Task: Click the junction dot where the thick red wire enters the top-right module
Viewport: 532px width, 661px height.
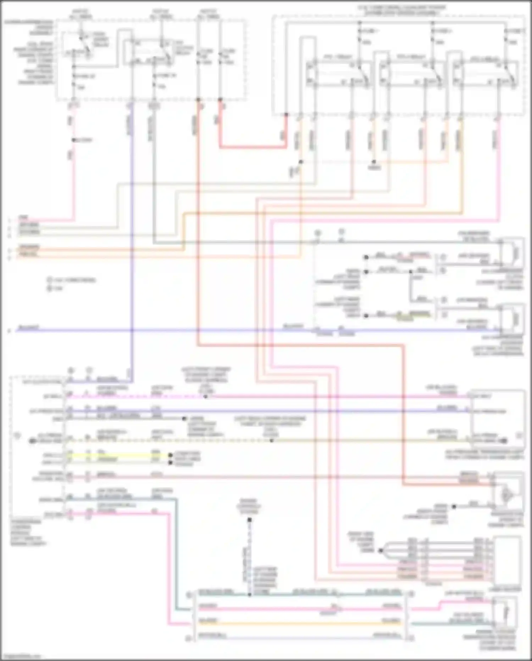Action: pyautogui.click(x=286, y=115)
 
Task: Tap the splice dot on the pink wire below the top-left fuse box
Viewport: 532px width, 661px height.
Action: pyautogui.click(x=74, y=140)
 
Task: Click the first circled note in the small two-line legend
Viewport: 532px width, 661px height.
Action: pyautogui.click(x=50, y=280)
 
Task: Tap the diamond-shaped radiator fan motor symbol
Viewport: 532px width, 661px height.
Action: pyautogui.click(x=506, y=495)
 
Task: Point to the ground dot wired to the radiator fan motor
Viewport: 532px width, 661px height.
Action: pyautogui.click(x=454, y=506)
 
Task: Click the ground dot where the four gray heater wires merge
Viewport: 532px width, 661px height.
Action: pyautogui.click(x=380, y=551)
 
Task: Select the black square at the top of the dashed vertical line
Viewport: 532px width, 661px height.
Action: pyautogui.click(x=249, y=520)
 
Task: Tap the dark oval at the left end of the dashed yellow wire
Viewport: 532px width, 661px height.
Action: pyautogui.click(x=32, y=441)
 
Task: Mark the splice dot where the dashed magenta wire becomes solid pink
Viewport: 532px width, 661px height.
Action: pyautogui.click(x=206, y=396)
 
